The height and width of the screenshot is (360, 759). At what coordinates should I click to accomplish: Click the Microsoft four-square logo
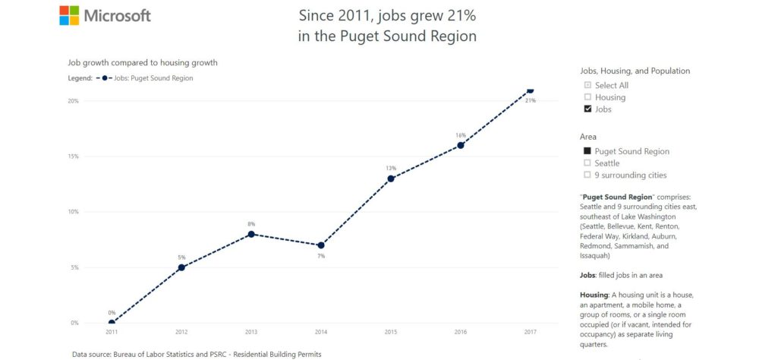point(69,15)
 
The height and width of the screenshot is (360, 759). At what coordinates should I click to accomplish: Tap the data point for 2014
point(321,245)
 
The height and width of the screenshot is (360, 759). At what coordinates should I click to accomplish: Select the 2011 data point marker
point(112,323)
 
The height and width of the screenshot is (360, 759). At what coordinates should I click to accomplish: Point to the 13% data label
point(391,169)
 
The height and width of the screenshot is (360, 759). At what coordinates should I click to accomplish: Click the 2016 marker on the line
point(461,145)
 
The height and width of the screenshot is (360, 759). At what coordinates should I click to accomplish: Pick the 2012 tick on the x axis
point(181,332)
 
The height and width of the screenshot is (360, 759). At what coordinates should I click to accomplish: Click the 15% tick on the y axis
point(74,156)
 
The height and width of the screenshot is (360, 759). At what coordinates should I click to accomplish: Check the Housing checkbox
point(587,97)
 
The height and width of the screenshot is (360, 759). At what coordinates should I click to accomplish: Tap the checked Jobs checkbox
point(587,109)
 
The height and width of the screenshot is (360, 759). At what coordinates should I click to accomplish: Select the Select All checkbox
point(587,85)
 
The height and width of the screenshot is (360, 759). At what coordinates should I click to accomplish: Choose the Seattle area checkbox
point(587,163)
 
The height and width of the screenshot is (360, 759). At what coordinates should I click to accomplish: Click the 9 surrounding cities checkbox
point(587,175)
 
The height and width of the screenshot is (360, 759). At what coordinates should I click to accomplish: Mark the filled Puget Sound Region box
point(587,151)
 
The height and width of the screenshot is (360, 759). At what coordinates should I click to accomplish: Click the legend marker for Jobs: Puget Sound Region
point(105,77)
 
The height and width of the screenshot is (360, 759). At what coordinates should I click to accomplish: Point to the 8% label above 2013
point(251,224)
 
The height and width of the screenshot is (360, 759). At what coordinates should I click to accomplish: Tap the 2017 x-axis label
point(530,332)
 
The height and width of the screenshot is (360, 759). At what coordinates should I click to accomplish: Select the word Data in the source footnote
point(80,354)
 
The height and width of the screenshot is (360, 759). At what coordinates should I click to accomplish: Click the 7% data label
point(321,256)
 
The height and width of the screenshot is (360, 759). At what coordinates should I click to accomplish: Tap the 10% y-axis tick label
point(74,212)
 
